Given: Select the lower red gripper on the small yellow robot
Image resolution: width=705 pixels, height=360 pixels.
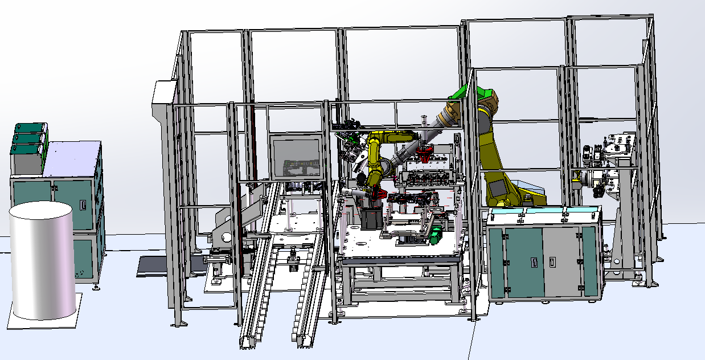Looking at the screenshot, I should click(x=373, y=195).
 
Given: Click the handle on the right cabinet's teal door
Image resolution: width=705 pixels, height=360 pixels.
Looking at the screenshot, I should click(x=534, y=261).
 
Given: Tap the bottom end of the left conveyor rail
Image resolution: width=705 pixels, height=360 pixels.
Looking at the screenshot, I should click(x=249, y=340).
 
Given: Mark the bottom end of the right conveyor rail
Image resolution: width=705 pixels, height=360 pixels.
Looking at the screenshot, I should click(x=302, y=339).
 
